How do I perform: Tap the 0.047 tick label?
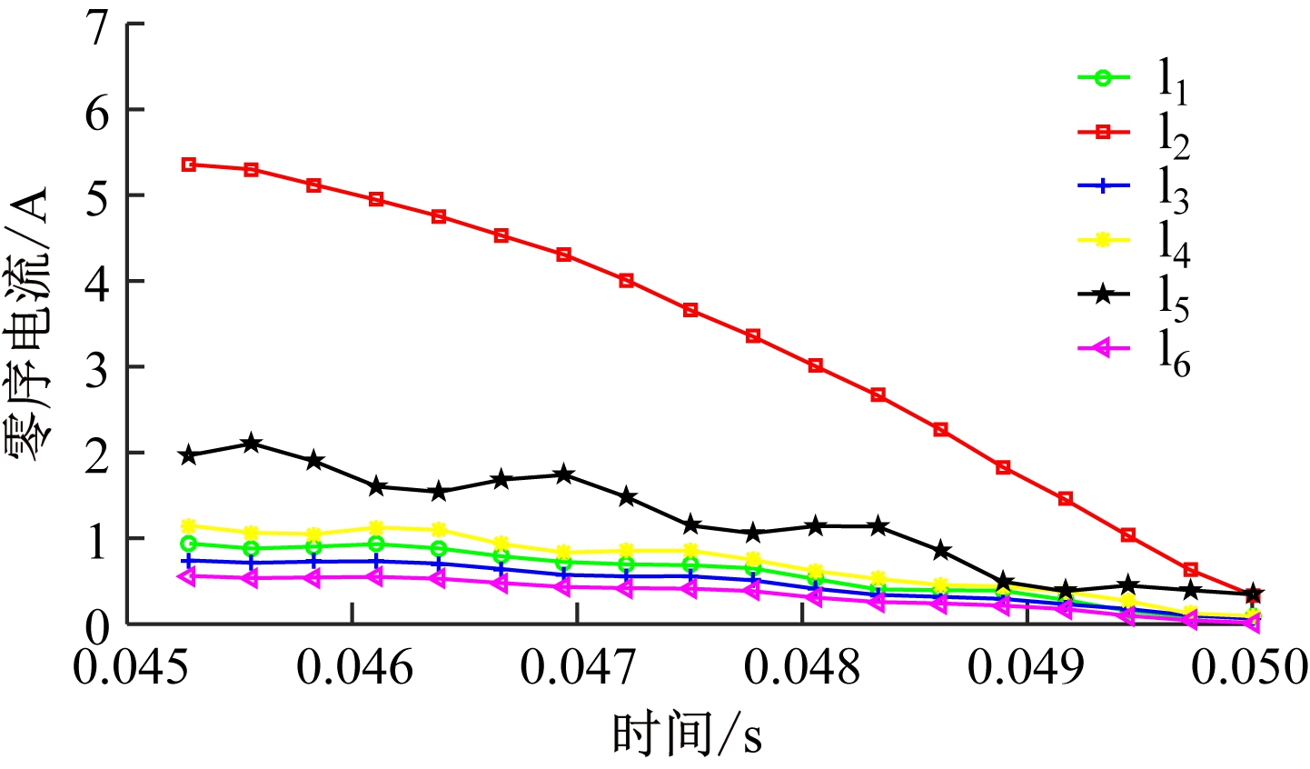577,669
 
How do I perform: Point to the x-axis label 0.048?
802,669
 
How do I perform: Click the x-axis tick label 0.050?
1248,669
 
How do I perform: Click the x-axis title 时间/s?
688,734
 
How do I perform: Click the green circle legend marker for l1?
1103,78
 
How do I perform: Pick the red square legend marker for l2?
1103,133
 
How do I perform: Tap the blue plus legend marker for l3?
1103,186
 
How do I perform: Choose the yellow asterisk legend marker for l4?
1103,240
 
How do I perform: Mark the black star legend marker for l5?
1103,293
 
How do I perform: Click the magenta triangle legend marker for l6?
1103,346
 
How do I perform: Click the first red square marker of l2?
189,165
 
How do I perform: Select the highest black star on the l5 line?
252,444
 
